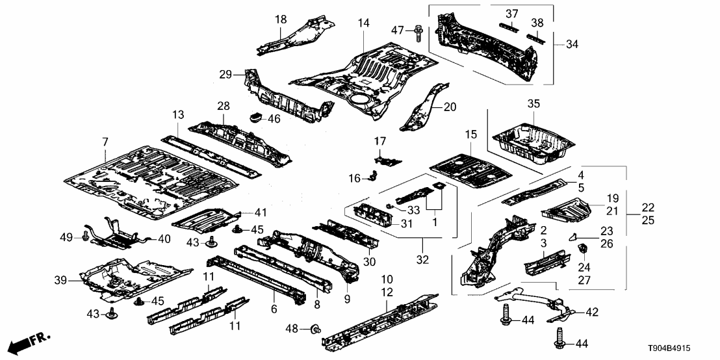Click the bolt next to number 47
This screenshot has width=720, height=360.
point(417,29)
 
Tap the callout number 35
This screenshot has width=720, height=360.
point(534,103)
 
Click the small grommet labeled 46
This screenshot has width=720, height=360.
point(255,118)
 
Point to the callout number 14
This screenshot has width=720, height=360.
point(363,23)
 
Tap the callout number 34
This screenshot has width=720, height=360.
point(572,44)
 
